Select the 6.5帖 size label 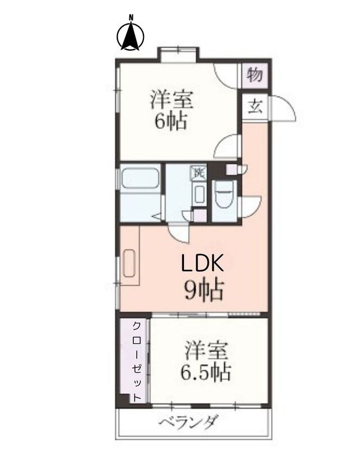[x=206, y=373]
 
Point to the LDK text [x=202, y=264]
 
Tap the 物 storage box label [x=255, y=74]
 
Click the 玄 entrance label [x=255, y=106]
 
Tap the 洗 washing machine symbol [x=199, y=172]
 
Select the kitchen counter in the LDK [x=129, y=261]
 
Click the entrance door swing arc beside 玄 [x=284, y=108]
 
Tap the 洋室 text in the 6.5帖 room [x=206, y=352]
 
